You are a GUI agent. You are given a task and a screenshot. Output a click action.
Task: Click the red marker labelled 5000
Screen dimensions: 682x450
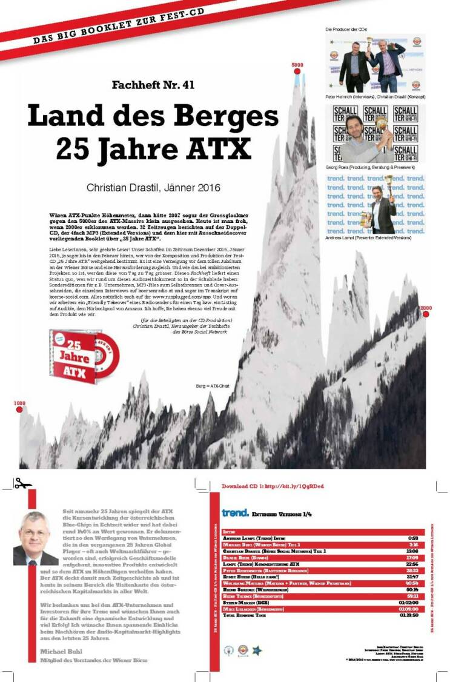tap(297, 72)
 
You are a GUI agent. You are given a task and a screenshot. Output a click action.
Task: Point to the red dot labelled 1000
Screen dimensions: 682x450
tap(19, 410)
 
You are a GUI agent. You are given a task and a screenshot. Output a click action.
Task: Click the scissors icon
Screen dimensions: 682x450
tap(23, 483)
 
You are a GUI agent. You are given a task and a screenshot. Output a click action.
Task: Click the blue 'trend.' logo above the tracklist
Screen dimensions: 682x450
tap(235, 513)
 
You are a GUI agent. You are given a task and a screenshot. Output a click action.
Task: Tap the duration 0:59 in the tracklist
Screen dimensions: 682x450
tap(414, 537)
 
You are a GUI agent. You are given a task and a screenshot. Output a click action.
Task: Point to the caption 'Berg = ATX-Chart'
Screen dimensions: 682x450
tap(211, 386)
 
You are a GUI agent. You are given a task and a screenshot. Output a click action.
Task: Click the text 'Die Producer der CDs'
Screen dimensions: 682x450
tap(346, 29)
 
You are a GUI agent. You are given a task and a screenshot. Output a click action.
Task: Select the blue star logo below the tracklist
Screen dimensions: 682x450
tap(257, 649)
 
